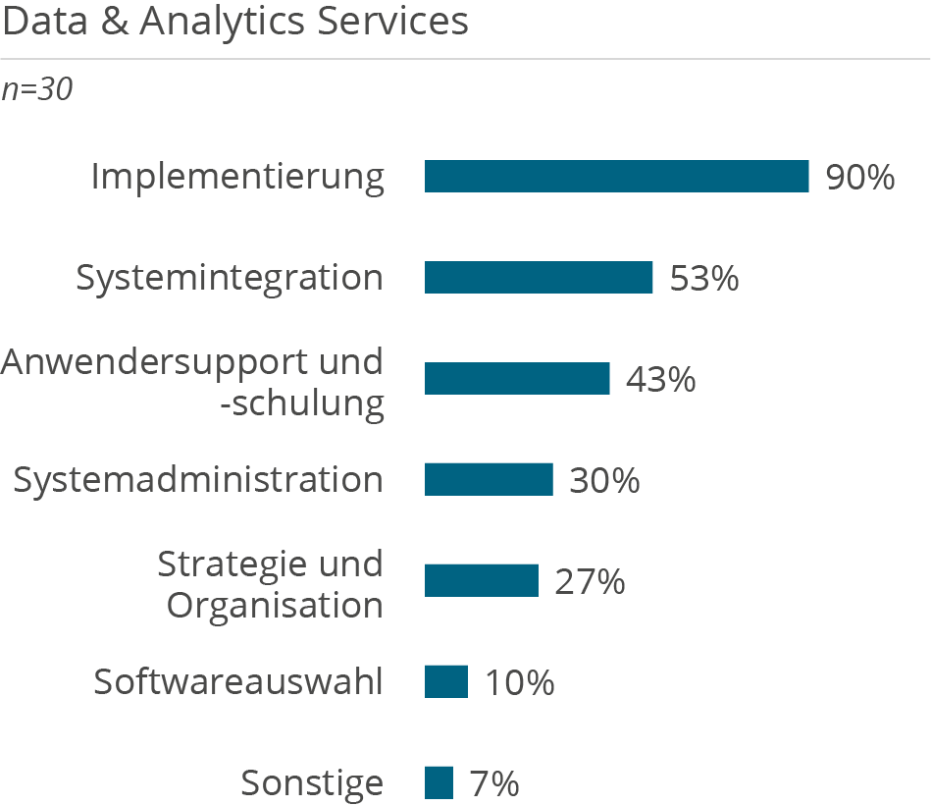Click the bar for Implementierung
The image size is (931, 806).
pos(616,177)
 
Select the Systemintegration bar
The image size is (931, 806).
pos(539,278)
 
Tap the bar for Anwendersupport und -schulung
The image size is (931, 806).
pos(517,379)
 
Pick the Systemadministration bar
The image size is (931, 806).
pos(489,480)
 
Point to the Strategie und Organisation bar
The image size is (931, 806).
pos(482,580)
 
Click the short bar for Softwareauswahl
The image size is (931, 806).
pos(446,681)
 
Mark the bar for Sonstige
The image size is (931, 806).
pos(440,782)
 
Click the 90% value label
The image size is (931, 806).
pos(859,178)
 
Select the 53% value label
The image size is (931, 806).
pos(703,279)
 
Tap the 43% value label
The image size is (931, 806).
pos(660,379)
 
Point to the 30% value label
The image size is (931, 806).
pos(604,480)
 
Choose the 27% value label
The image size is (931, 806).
pos(590,581)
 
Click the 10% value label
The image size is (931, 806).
pos(519,682)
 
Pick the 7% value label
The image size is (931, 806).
pos(493,783)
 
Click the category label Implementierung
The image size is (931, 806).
pos(237,178)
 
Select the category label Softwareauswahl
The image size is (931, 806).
pos(238,681)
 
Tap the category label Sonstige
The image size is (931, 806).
pos(312,783)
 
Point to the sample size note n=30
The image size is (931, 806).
pos(37,89)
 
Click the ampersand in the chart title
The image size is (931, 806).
pos(116,22)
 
